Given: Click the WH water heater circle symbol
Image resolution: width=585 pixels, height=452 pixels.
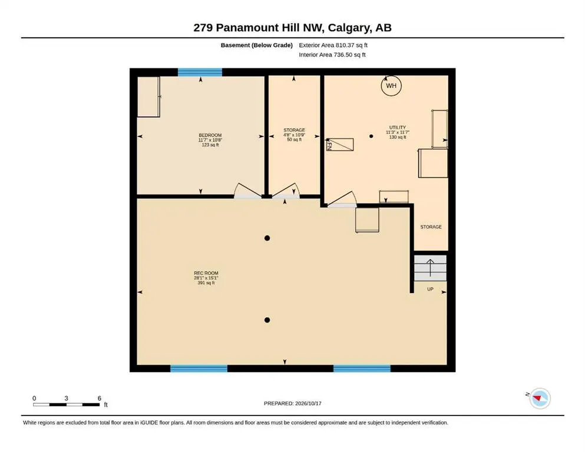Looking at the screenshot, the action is click(391, 86).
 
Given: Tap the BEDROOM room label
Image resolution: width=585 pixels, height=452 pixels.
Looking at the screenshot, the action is click(210, 135).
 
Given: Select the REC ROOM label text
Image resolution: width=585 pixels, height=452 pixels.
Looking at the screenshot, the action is click(206, 273).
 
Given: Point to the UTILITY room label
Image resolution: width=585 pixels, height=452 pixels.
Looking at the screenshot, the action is click(397, 128).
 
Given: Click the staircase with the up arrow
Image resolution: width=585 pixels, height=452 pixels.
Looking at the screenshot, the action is click(430, 268).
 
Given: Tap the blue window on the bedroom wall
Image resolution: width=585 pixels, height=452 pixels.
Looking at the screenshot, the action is click(200, 72).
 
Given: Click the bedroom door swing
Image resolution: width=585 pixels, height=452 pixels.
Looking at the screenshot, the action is click(247, 190).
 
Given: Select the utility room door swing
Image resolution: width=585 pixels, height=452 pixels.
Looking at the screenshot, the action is click(342, 199).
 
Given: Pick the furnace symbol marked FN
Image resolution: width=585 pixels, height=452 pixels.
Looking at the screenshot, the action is click(340, 145).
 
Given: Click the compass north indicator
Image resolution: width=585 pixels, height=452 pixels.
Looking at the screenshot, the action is click(540, 398).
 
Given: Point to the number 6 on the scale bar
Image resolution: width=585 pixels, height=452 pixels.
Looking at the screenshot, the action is click(99, 398).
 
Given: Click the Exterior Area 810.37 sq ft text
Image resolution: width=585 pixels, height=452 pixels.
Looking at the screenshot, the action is click(333, 45).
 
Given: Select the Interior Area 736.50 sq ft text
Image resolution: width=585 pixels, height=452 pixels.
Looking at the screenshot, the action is click(332, 55).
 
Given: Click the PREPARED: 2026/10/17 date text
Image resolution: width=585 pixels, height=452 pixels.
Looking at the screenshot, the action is click(292, 403).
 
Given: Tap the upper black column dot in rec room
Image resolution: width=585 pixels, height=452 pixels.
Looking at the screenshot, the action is click(267, 238).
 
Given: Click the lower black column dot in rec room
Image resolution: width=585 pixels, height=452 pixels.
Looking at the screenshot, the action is click(267, 320).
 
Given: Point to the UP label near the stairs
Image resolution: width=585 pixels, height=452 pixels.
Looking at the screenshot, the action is click(430, 289).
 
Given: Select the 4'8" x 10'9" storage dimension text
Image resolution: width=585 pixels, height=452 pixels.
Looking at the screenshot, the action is click(294, 135).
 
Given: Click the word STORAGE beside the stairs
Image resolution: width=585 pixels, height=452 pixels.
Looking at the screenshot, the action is click(431, 227).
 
